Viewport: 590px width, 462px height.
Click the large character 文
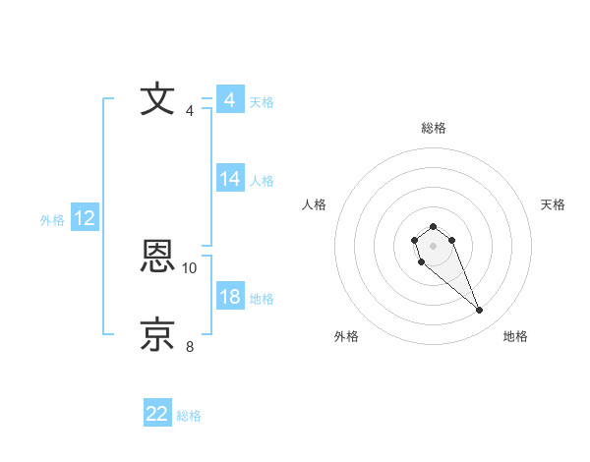click(x=157, y=100)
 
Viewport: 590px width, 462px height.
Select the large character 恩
click(x=157, y=258)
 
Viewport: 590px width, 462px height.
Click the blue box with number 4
click(x=229, y=100)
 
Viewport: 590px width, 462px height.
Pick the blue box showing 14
click(x=230, y=179)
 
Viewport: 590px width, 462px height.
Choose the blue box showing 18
click(x=230, y=297)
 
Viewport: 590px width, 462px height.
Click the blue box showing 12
click(x=85, y=218)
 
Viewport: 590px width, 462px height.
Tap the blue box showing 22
click(x=157, y=414)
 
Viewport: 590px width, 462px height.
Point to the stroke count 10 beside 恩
click(x=190, y=267)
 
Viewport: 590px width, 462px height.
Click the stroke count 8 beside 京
click(x=190, y=346)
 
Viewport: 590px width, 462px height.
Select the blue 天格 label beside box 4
click(x=262, y=101)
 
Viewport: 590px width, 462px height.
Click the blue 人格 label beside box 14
click(x=262, y=180)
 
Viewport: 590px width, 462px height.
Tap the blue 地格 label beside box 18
click(x=262, y=298)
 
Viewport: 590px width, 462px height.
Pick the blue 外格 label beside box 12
click(x=52, y=220)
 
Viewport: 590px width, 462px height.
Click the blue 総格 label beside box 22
click(x=189, y=416)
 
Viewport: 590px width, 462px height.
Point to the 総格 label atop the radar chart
click(x=434, y=128)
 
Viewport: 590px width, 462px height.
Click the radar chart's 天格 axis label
click(x=553, y=204)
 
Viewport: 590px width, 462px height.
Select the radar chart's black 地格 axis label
click(x=515, y=336)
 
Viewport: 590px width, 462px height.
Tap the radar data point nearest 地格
click(x=480, y=311)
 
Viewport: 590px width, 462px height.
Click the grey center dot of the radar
click(x=434, y=246)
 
